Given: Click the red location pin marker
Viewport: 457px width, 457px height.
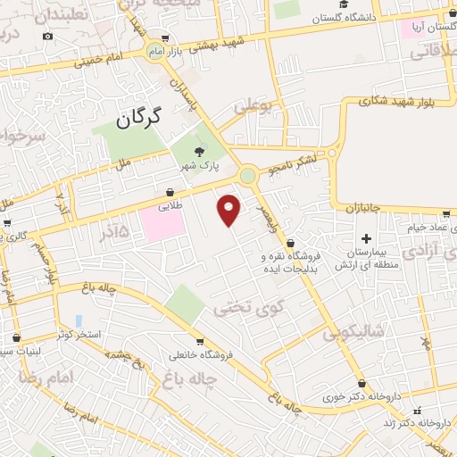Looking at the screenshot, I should click(229, 210).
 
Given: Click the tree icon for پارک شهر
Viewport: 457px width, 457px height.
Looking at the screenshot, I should click(199, 153).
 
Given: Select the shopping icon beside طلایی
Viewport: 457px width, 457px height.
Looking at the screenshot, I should click(170, 192).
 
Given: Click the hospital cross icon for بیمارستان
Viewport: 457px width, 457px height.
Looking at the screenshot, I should click(366, 238).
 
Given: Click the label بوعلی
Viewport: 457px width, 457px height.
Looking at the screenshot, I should click(252, 107).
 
